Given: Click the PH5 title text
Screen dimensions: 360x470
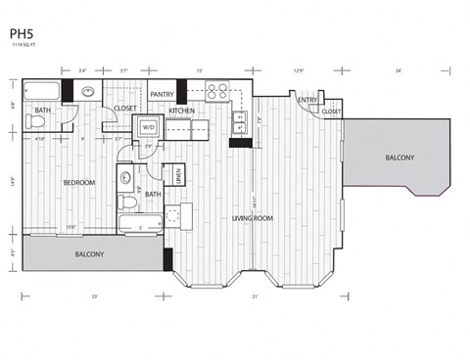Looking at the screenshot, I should (20, 33).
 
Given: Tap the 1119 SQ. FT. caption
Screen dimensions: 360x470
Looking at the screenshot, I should (25, 45).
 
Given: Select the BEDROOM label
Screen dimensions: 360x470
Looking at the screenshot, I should (78, 183).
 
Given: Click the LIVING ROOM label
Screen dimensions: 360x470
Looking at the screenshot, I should (251, 218).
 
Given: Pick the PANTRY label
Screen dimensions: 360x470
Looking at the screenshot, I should (163, 95).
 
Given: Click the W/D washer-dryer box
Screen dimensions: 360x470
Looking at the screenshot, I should (149, 127).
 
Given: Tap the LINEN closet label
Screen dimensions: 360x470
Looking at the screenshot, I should (179, 176).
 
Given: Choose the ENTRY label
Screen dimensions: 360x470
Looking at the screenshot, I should (307, 100).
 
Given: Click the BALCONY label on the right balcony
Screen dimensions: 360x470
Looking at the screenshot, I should (399, 157).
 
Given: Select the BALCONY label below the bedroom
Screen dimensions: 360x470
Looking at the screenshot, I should (90, 254).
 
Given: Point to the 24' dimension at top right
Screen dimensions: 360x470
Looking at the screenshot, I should (399, 70).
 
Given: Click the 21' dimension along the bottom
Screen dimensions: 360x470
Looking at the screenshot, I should (255, 294).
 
